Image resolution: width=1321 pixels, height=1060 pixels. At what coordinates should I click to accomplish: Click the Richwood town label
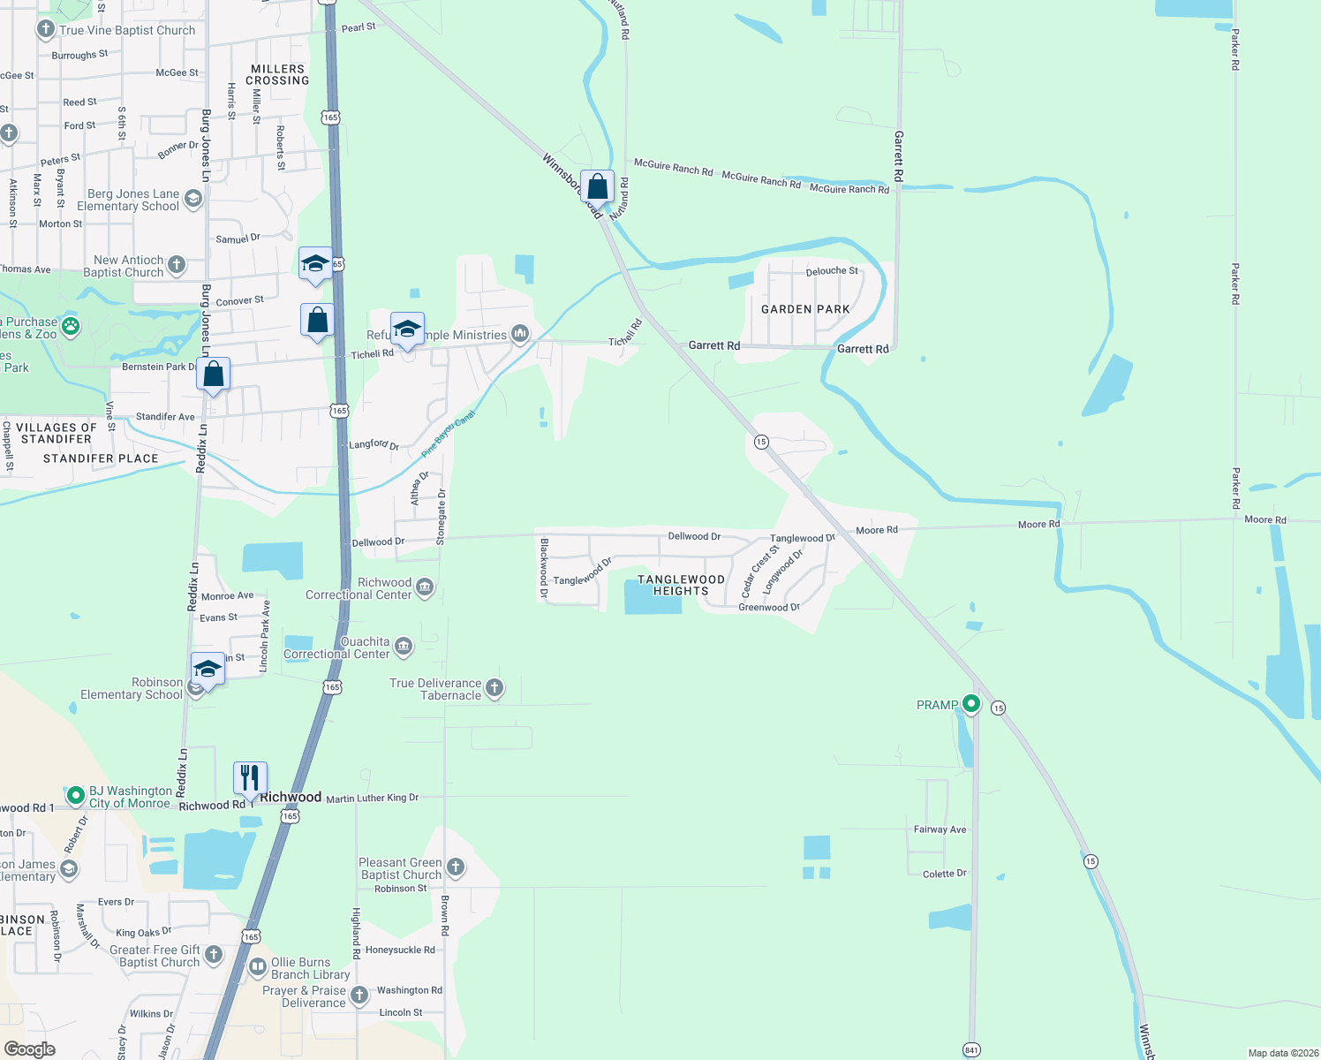291,797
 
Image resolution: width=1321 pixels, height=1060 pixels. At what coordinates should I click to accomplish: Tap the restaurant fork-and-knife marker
250,778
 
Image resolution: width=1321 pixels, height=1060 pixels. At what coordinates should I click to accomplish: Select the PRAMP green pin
971,704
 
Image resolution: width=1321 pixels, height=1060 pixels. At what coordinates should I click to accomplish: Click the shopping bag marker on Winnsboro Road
598,187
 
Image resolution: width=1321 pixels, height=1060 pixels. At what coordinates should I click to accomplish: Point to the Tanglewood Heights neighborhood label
681,585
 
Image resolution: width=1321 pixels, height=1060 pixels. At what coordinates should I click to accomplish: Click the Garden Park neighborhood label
805,309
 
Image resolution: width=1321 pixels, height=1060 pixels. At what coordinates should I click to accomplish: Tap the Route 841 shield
971,1049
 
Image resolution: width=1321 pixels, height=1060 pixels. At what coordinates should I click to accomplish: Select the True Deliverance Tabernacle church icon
494,688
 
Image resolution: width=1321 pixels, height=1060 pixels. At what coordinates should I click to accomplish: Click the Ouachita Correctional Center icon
404,647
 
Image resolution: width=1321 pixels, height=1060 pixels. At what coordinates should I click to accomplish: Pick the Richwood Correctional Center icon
425,587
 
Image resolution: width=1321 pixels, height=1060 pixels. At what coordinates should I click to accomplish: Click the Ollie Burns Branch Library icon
258,967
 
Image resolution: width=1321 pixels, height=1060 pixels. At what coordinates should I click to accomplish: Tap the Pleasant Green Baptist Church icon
456,867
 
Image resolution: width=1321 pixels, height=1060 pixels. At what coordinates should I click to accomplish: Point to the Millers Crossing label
277,74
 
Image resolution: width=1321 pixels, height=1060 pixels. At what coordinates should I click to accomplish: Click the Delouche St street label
832,271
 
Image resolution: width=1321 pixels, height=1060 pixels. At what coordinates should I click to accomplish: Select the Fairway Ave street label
940,829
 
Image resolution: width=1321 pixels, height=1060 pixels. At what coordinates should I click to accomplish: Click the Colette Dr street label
944,874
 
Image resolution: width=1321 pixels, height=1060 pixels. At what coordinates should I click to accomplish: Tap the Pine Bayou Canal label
448,434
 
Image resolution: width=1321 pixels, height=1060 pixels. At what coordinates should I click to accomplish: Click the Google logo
30,1049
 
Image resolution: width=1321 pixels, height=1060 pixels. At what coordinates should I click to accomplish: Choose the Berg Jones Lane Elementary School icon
193,200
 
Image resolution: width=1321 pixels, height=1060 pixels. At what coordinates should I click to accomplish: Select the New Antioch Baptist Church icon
177,265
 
